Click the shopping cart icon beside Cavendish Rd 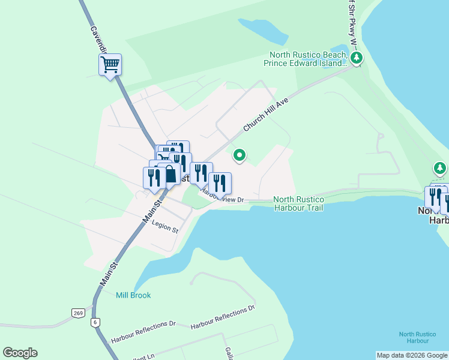coord(110,64)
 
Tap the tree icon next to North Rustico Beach coord(357,59)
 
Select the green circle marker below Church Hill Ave coord(240,156)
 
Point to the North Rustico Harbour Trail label coord(298,203)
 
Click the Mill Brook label coord(133,295)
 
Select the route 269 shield coord(78,313)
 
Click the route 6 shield coord(95,322)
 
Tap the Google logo coord(20,353)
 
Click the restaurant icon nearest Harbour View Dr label coord(220,183)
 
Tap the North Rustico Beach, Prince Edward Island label coord(307,59)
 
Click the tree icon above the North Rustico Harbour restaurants coord(440,168)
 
